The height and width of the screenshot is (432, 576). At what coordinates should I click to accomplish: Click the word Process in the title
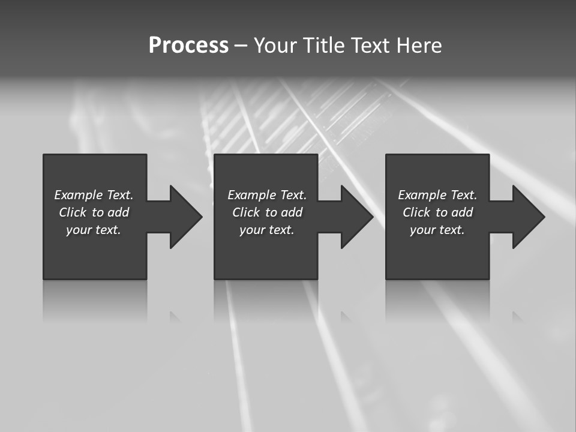click(x=188, y=46)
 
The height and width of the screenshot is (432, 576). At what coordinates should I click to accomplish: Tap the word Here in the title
click(x=419, y=46)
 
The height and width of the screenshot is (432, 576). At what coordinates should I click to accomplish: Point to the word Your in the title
click(x=275, y=46)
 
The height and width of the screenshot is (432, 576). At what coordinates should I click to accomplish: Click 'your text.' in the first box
click(x=94, y=230)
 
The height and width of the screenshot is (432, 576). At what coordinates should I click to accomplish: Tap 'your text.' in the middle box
click(x=266, y=230)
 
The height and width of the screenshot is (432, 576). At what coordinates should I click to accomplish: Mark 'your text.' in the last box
click(x=437, y=230)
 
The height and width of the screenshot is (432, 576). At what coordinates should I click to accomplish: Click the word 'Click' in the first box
click(x=72, y=212)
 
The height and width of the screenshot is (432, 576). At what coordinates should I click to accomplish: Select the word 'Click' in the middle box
click(x=245, y=212)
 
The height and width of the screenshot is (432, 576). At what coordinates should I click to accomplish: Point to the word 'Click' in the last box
click(x=416, y=212)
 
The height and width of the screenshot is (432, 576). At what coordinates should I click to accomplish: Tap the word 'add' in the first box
click(x=118, y=212)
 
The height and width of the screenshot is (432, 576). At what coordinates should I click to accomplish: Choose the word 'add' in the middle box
click(x=292, y=212)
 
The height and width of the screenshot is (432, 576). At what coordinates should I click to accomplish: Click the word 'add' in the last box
click(x=462, y=212)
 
